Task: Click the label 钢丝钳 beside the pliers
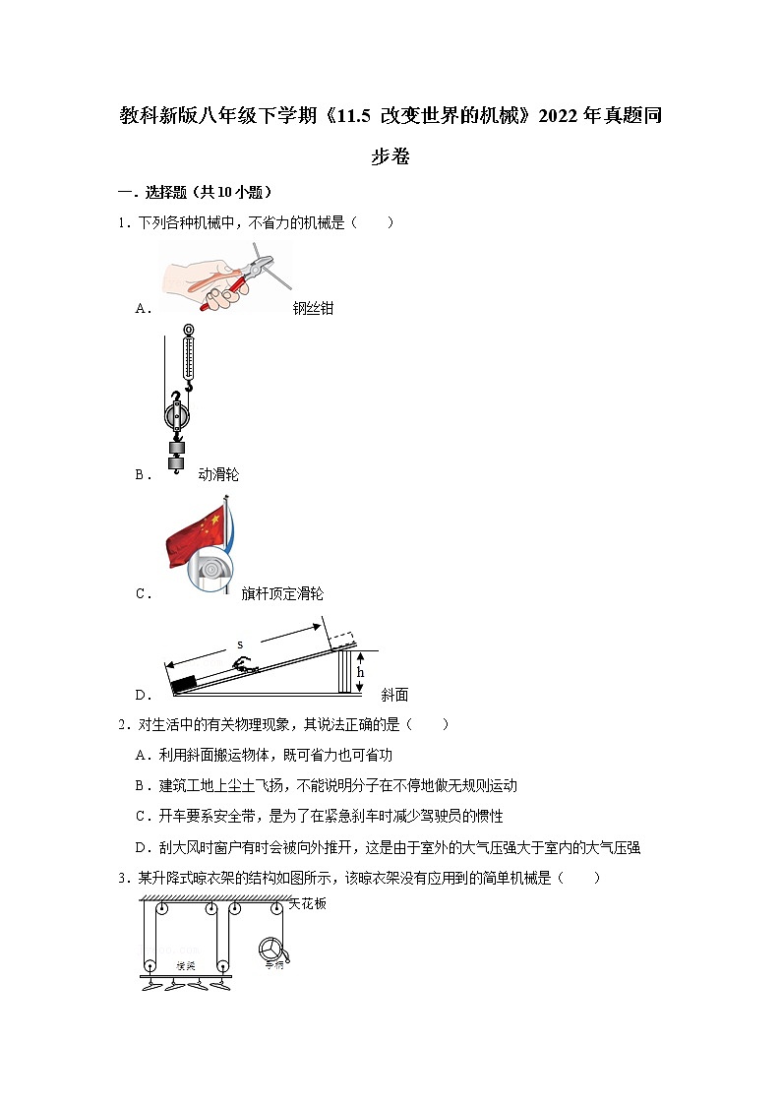[x=313, y=309]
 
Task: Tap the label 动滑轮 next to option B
[x=218, y=475]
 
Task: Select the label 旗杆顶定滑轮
[x=281, y=594]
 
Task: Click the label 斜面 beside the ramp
[x=394, y=695]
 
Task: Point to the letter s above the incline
[x=240, y=645]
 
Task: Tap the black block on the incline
[x=184, y=685]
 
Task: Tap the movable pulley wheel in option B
[x=175, y=417]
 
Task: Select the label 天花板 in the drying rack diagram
[x=306, y=903]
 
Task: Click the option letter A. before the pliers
[x=144, y=309]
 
